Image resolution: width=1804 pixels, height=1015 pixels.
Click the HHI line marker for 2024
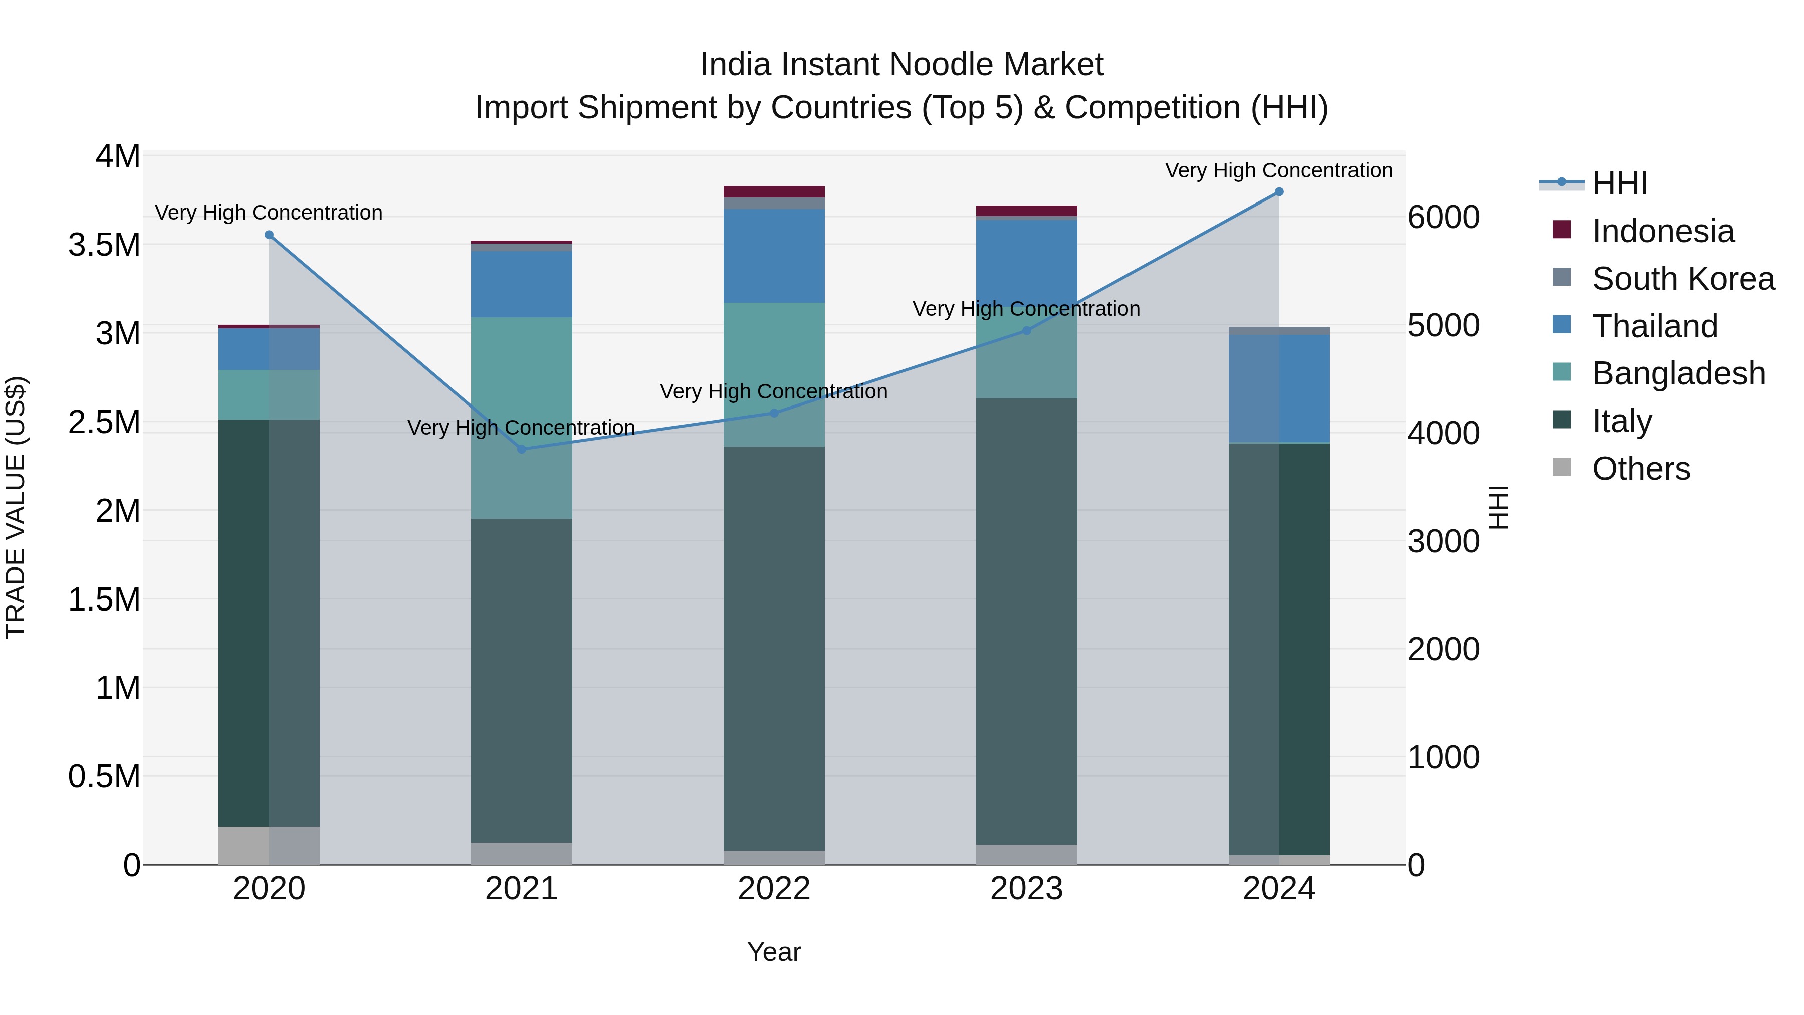click(x=1279, y=192)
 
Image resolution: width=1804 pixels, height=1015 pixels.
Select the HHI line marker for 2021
click(x=521, y=449)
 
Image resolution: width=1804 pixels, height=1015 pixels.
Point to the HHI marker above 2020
click(x=269, y=236)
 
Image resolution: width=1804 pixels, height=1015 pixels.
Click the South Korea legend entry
click(x=1682, y=279)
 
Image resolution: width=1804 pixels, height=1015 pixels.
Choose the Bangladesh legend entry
click(x=1678, y=373)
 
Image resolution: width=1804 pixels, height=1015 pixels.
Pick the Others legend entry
click(x=1640, y=469)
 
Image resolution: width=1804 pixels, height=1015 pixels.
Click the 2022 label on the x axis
click(x=774, y=889)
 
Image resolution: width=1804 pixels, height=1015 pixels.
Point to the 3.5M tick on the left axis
click(x=104, y=245)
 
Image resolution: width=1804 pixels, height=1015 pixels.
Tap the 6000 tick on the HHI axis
click(x=1443, y=217)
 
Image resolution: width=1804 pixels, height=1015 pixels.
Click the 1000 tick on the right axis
click(x=1443, y=757)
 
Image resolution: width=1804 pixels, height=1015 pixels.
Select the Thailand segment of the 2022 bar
click(x=774, y=256)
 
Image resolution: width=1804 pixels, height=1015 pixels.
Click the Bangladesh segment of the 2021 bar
click(x=521, y=418)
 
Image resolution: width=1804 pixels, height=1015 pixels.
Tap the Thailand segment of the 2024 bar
click(x=1279, y=389)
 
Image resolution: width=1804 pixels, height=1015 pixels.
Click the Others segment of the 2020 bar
click(x=269, y=846)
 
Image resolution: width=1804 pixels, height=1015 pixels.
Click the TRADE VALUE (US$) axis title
click(x=16, y=507)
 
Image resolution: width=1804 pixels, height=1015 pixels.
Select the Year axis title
click(x=774, y=952)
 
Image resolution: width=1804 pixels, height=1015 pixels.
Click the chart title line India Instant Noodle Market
click(x=901, y=65)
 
